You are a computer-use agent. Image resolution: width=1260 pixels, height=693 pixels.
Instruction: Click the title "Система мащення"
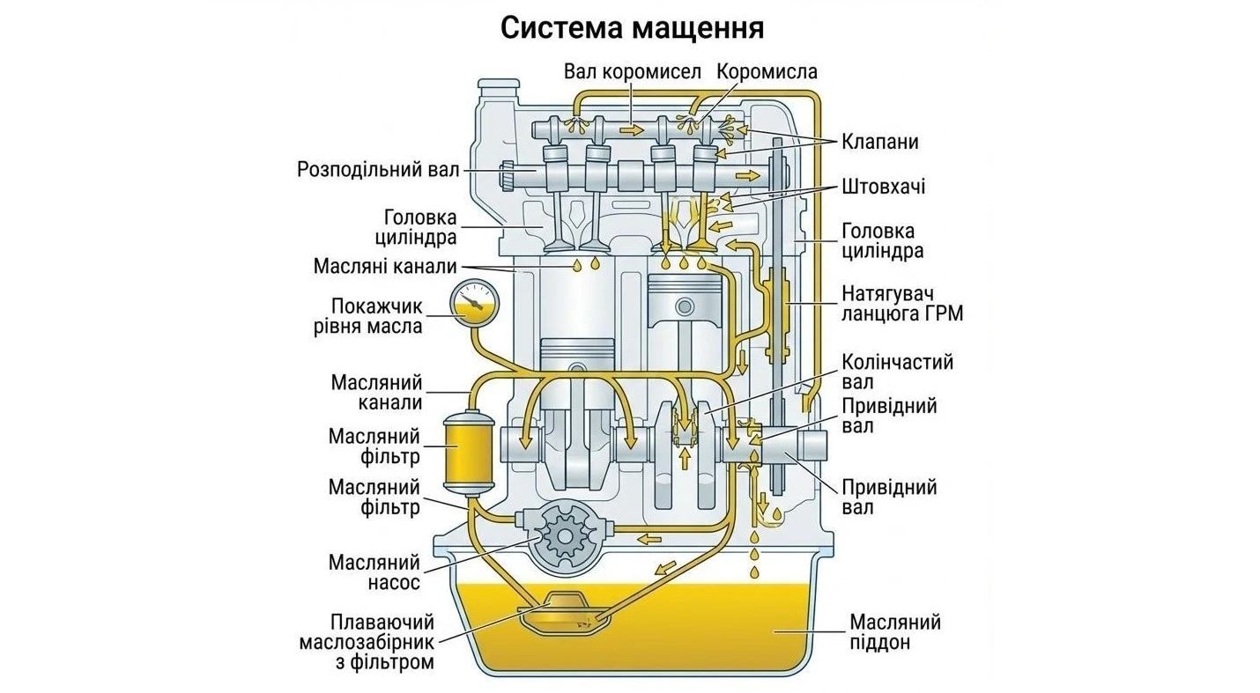632,28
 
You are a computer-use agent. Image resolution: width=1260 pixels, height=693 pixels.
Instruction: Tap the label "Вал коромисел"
632,71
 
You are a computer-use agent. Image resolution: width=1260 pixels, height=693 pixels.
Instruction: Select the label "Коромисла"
767,71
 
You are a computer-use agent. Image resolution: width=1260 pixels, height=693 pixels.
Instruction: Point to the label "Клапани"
880,141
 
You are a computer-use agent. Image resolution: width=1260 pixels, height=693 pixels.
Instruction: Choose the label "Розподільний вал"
378,168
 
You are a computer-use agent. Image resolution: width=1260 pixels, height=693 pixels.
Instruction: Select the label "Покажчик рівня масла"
376,316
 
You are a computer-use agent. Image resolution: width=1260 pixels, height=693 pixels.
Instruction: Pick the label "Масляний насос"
374,572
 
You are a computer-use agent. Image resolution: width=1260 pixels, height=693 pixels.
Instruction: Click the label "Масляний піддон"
894,632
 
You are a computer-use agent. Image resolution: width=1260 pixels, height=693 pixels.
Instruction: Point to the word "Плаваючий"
382,622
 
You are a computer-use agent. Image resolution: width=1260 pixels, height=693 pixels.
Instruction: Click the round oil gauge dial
473,303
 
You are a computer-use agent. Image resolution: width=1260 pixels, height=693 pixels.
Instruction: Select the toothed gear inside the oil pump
564,534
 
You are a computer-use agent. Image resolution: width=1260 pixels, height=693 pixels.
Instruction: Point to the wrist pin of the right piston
685,307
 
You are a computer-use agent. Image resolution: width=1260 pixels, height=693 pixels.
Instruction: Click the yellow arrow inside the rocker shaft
631,130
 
